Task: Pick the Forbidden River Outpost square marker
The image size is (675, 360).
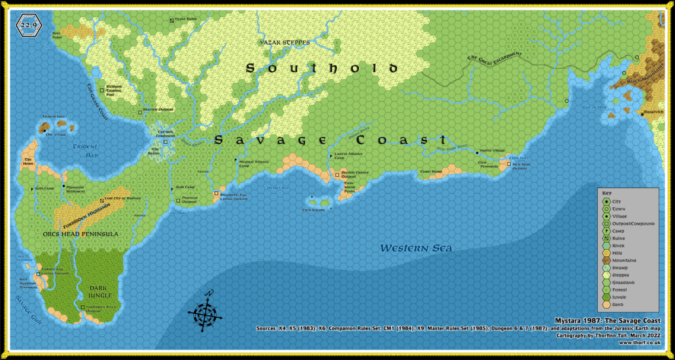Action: [83, 307]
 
